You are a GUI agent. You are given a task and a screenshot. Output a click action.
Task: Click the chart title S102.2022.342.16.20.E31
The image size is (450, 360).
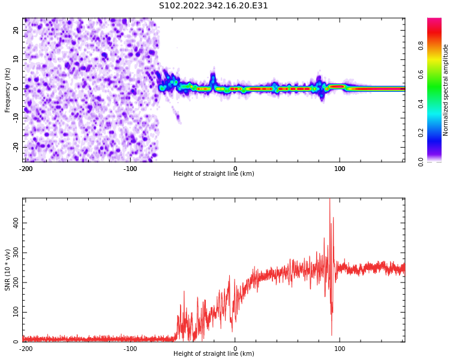point(213,6)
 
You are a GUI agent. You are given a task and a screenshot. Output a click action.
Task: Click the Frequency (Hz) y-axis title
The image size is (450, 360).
point(7,90)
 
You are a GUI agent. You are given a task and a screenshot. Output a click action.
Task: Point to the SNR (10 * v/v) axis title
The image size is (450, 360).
point(7,270)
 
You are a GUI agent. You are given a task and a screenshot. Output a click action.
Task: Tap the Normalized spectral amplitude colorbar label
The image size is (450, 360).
point(445,90)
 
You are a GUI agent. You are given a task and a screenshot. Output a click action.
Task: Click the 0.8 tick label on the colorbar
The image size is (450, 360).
point(421,46)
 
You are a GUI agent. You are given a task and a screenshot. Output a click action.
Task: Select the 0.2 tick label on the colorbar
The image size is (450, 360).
point(421,133)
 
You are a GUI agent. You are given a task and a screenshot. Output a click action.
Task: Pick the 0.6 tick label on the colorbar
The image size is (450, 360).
point(421,74)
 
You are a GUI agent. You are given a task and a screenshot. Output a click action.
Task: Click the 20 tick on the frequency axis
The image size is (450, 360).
point(16,30)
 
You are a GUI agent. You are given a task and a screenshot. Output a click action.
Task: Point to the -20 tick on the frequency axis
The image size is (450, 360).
point(16,148)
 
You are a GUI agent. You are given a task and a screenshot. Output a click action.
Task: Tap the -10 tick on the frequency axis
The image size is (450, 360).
point(16,118)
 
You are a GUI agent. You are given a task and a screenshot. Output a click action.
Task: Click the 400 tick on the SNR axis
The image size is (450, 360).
point(16,223)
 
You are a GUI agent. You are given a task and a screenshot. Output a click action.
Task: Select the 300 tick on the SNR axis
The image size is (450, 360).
point(16,253)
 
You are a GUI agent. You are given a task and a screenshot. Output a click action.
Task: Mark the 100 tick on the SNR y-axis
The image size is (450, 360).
point(16,312)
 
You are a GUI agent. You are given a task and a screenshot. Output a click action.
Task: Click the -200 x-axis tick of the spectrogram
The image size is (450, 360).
point(26,169)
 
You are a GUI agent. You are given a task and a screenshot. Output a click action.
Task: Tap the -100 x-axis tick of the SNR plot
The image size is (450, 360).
point(130,349)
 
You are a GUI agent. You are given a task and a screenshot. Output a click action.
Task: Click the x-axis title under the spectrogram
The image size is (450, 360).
point(214,173)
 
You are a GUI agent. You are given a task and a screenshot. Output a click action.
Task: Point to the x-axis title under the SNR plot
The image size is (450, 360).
point(214,353)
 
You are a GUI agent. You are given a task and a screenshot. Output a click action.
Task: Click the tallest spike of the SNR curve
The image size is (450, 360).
point(330,199)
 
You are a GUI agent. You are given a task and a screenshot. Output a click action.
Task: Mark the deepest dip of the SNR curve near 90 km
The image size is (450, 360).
point(332,335)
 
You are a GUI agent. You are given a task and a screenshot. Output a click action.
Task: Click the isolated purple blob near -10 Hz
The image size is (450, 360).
point(178,117)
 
